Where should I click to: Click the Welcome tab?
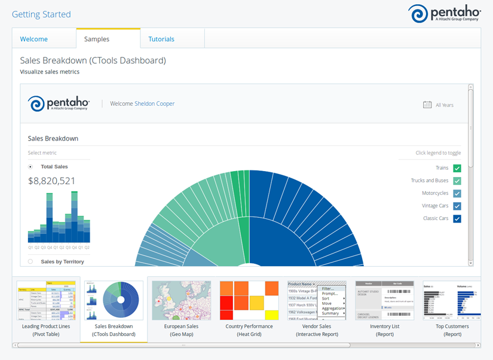[x=34, y=39]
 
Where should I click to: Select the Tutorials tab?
[x=161, y=39]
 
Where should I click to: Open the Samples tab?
[x=97, y=39]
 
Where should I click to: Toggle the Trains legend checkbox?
[x=457, y=169]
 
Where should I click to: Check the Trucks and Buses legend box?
[x=457, y=181]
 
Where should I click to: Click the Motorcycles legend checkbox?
[x=457, y=194]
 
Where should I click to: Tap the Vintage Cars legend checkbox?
[x=457, y=206]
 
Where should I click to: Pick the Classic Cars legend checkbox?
[x=457, y=219]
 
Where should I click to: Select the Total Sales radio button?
[x=30, y=167]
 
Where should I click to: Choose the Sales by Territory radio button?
[x=30, y=261]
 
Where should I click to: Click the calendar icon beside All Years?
[x=427, y=105]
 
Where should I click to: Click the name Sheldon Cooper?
[x=155, y=103]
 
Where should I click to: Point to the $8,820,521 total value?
[x=52, y=181]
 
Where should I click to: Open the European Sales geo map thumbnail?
[x=181, y=301]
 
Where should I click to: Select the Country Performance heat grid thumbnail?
[x=249, y=301]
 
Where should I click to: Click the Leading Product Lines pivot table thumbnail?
[x=46, y=301]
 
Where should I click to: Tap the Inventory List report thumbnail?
[x=385, y=301]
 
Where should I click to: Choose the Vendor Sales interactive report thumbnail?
[x=317, y=301]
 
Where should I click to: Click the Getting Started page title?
[x=41, y=14]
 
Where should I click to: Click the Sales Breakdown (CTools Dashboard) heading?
[x=93, y=60]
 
